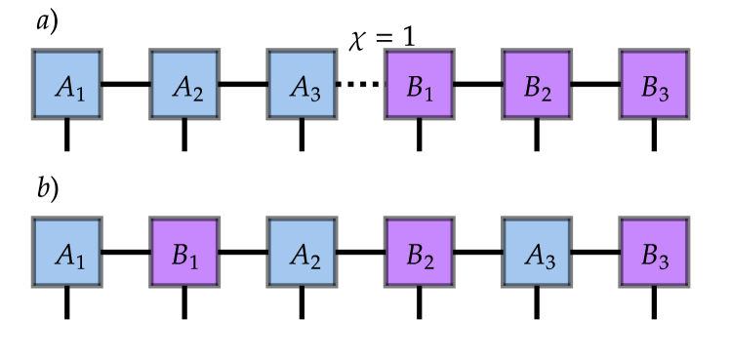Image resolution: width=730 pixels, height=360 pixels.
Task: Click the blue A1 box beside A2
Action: [67, 84]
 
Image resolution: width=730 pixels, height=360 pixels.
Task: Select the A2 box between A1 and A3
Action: [184, 84]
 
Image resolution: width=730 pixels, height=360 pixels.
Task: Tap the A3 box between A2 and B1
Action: [302, 84]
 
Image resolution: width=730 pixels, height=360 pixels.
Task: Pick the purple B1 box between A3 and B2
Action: [420, 84]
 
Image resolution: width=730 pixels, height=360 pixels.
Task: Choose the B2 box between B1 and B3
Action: [537, 84]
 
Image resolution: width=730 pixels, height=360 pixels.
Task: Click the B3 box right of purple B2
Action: [654, 84]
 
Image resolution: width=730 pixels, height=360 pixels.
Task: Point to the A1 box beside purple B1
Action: [67, 253]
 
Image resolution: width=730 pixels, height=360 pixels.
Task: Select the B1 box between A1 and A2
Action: [184, 253]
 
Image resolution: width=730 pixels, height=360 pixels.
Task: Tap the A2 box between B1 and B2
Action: [302, 253]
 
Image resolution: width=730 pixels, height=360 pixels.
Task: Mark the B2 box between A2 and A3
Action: [420, 253]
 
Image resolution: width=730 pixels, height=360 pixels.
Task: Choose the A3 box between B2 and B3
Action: [537, 253]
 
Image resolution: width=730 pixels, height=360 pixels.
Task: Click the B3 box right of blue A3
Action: [654, 253]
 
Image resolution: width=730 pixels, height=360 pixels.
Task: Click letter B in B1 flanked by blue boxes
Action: [180, 255]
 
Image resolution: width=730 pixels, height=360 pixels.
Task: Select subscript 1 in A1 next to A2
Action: [81, 94]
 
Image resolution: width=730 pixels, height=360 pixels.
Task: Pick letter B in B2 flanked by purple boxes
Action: [532, 86]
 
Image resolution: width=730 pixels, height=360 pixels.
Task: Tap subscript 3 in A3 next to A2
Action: [315, 94]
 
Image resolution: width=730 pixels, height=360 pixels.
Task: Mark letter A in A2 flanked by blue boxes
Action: [182, 86]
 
